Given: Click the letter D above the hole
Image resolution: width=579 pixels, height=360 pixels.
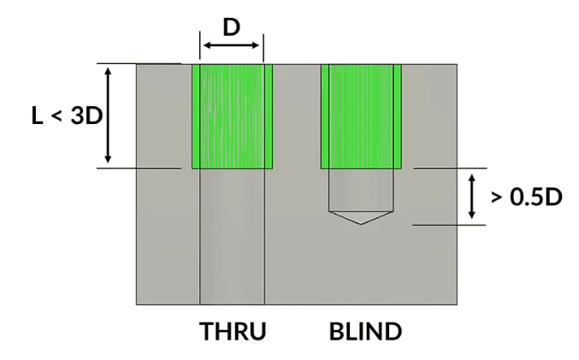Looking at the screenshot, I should (x=231, y=27).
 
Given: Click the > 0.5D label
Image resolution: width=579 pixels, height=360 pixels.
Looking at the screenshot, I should (x=526, y=198).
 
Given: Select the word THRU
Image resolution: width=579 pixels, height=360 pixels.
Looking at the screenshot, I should (x=232, y=331).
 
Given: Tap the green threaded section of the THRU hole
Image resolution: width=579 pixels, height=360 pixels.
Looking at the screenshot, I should (x=232, y=115).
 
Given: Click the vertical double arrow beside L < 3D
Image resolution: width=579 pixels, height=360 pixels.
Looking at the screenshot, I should (x=108, y=115).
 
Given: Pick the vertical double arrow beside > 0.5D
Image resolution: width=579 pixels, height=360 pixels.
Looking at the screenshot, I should (x=471, y=197).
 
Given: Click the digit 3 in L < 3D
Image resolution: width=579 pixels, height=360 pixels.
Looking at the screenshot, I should (x=78, y=115).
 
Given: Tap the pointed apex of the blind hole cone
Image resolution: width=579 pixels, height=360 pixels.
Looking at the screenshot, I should (x=361, y=224).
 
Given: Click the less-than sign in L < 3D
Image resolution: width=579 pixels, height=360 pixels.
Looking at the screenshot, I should (x=56, y=116).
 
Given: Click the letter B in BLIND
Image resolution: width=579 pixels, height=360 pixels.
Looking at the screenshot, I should (x=335, y=331).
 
